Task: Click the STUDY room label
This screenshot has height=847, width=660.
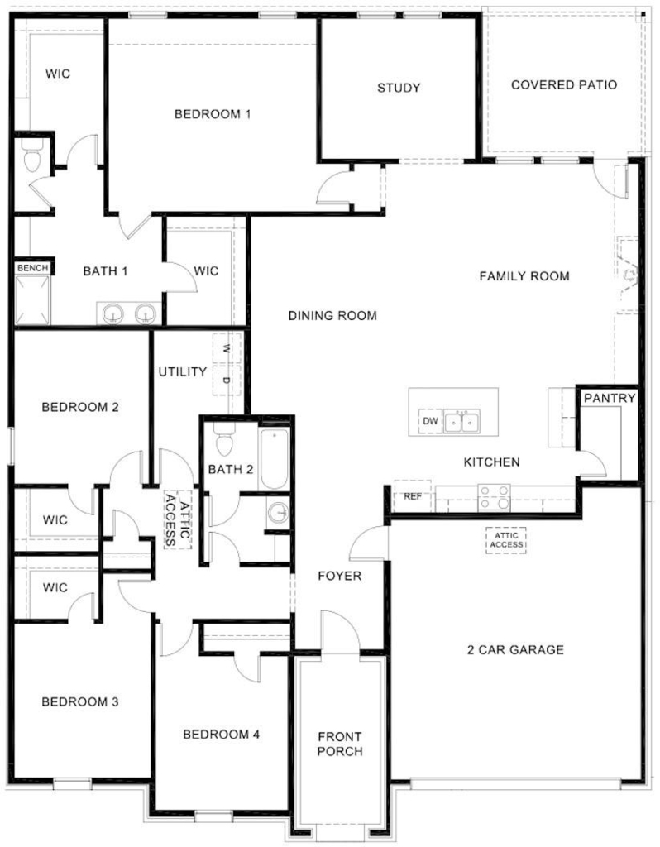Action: pos(399,88)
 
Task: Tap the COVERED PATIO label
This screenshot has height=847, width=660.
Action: pos(564,85)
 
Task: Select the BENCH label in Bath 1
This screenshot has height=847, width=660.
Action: pos(32,268)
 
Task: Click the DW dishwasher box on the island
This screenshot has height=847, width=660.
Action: pos(430,421)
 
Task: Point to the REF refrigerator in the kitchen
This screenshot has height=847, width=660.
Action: pos(413,496)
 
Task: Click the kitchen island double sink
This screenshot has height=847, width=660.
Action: pos(462,421)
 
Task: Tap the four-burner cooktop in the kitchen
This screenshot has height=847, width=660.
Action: pos(495,497)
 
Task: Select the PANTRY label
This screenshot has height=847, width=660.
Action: pos(610,398)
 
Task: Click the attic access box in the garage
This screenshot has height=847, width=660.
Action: pos(506,540)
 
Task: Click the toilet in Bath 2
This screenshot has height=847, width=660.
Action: pos(225,439)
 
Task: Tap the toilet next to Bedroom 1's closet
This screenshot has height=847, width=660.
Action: pos(32,156)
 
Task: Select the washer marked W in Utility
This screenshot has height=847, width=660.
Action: pos(227,348)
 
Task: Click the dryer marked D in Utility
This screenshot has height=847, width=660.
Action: pos(227,380)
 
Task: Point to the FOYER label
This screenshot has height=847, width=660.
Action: pos(340,576)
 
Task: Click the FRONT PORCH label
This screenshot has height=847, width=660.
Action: pos(340,744)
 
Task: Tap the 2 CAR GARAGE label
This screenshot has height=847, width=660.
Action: pos(515,649)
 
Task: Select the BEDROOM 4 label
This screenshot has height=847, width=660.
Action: pos(222,735)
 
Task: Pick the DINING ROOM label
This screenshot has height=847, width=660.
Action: pos(332,315)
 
